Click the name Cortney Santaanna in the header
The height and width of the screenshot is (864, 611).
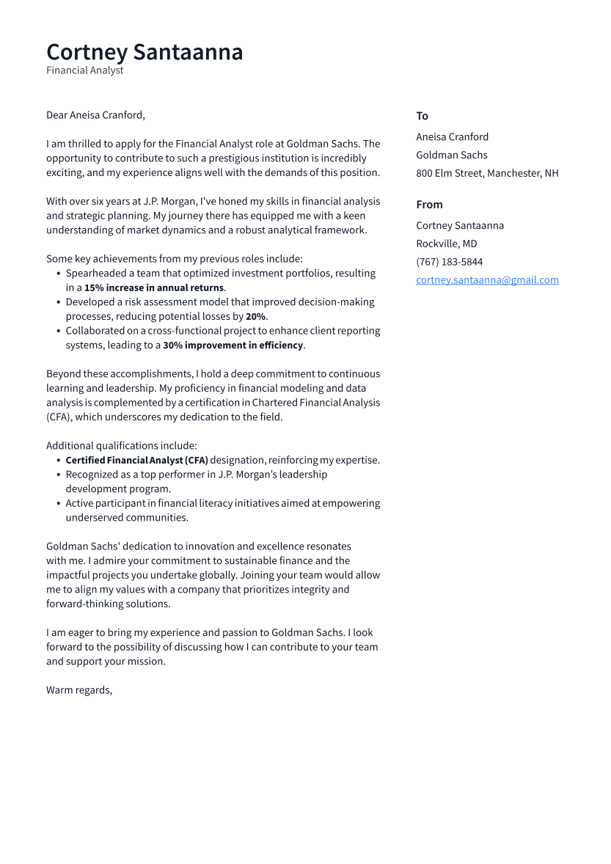144,52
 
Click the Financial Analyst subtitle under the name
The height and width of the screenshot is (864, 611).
84,70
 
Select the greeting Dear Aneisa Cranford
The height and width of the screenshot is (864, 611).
95,115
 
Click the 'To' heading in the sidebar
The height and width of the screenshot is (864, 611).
422,116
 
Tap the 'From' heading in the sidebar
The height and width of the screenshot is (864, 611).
429,205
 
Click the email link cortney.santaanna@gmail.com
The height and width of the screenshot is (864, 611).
487,280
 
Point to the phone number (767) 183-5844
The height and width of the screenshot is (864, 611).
449,262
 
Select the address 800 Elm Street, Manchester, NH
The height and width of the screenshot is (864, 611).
487,173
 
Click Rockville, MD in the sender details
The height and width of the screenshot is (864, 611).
446,244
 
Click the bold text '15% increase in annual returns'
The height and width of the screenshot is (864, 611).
154,288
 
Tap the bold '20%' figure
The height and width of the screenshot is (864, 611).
255,317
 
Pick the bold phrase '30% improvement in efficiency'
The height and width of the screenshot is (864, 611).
233,345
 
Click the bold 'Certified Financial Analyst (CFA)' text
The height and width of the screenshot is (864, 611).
136,461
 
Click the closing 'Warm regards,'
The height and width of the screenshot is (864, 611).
79,690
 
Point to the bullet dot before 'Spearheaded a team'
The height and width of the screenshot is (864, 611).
58,274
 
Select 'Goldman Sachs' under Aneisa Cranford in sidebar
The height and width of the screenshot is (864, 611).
451,155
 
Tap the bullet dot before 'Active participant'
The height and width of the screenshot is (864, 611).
58,504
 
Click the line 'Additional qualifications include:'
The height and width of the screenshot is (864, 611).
121,446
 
